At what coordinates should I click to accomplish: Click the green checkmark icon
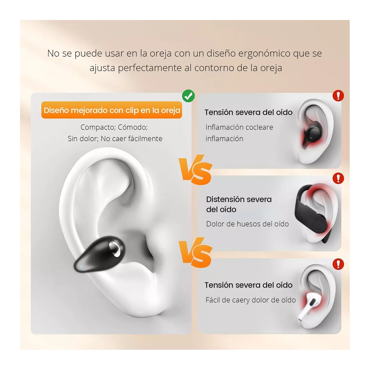coord(188,96)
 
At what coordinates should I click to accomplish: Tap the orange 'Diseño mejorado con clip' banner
coord(112,110)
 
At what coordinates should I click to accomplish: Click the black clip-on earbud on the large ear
coord(100,253)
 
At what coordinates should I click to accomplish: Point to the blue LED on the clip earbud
coord(81,266)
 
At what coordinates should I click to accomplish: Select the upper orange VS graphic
coord(196,169)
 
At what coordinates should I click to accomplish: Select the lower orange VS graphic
coord(196,253)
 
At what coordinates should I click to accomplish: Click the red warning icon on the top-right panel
coord(338,96)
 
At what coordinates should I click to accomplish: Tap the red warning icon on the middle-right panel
coord(338,178)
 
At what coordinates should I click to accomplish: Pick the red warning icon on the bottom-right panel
coord(338,264)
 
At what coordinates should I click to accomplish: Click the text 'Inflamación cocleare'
coord(239,127)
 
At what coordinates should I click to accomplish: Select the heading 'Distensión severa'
coord(239,199)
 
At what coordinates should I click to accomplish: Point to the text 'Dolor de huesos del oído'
coord(247,224)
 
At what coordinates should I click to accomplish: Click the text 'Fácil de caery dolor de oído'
coord(250,300)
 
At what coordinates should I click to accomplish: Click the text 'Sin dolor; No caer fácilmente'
coord(115,139)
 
